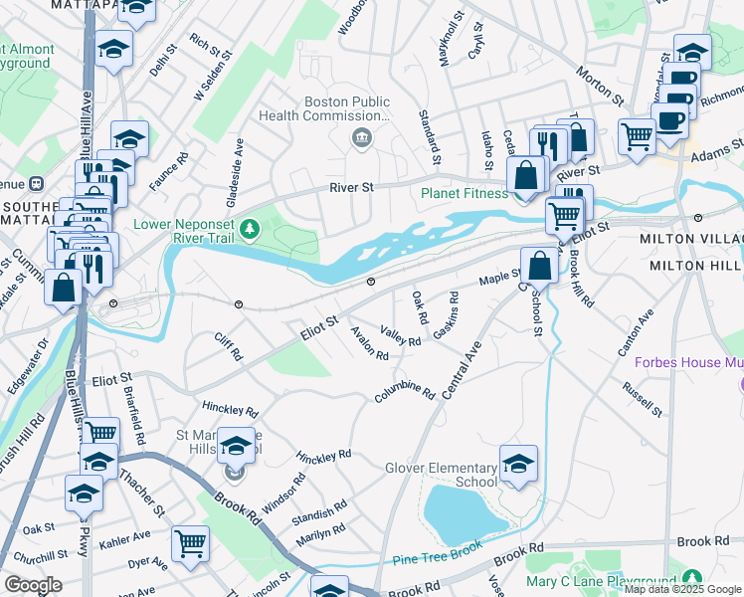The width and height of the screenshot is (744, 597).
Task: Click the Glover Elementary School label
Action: pyautogui.click(x=441, y=475)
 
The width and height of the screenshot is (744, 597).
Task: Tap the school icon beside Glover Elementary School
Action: pyautogui.click(x=518, y=465)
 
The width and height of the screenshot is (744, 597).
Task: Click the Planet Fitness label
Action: pyautogui.click(x=463, y=193)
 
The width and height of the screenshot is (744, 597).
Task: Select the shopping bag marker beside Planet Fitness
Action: pyautogui.click(x=527, y=177)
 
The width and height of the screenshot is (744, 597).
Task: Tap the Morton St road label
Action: pyautogui.click(x=600, y=86)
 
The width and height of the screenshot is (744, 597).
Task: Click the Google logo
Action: pyautogui.click(x=33, y=585)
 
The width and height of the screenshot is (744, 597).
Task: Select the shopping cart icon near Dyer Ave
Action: pyautogui.click(x=190, y=544)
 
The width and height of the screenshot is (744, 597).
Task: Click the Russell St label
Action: pyautogui.click(x=643, y=398)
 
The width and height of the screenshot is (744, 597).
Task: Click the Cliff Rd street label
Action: pyautogui.click(x=229, y=347)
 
